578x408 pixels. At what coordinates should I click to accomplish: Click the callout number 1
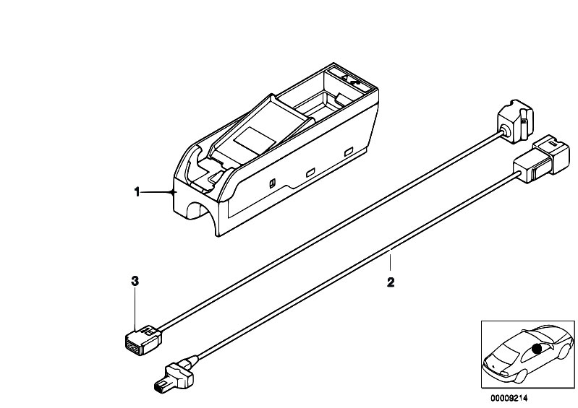137,192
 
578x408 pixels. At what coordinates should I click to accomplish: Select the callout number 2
391,282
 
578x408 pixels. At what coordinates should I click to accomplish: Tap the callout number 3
135,282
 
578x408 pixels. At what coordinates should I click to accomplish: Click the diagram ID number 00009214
509,398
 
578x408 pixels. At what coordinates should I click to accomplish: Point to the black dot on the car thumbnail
537,348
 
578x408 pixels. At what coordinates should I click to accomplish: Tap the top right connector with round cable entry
515,121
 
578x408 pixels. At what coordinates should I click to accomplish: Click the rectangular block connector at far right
541,159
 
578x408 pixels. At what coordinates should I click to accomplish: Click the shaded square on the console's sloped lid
255,141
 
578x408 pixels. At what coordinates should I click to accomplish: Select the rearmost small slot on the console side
349,152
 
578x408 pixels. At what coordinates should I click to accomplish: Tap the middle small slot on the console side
310,172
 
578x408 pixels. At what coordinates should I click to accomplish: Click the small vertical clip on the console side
272,183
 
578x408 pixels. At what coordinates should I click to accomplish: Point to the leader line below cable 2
391,261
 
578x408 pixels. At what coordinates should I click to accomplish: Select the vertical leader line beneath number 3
135,308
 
